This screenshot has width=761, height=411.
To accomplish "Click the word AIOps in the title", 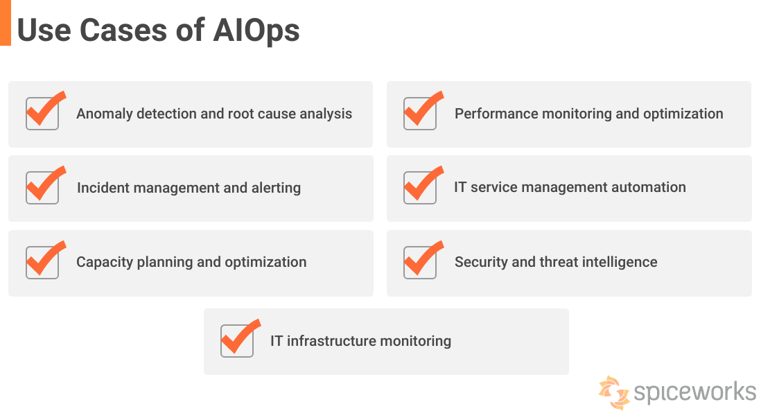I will (259, 30).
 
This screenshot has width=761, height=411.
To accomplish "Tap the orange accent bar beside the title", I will (6, 23).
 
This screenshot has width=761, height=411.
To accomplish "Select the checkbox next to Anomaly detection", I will (42, 114).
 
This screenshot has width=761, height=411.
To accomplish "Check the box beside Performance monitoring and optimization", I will (420, 114).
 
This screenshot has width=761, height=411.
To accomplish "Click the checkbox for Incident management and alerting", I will (42, 188).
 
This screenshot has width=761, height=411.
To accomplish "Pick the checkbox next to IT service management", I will (420, 188).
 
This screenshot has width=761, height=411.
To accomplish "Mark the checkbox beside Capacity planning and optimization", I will (42, 263).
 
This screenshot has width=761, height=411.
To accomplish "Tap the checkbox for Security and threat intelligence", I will (420, 263).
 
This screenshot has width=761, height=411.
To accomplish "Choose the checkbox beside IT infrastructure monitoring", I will (237, 341).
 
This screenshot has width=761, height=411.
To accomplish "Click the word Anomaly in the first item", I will (105, 114).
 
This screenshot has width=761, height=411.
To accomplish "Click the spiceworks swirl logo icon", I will (614, 392).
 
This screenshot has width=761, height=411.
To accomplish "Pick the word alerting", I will (276, 188).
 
